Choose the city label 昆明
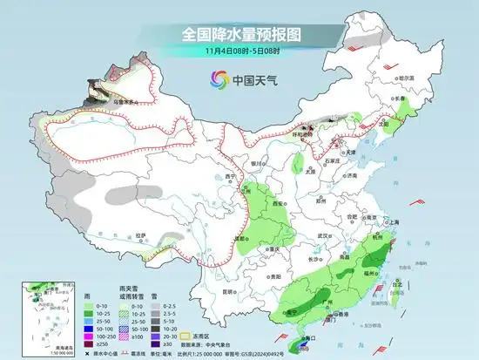228,291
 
